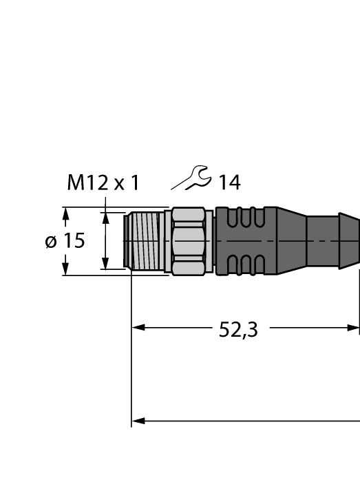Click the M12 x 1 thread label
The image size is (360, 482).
click(103, 183)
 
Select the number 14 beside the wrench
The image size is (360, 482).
click(229, 183)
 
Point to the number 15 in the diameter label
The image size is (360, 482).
click(74, 241)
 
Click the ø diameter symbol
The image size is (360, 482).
click(51, 242)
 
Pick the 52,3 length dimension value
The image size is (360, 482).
click(238, 330)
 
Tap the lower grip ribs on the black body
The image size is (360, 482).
click(245, 264)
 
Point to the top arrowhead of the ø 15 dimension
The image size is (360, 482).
click(65, 215)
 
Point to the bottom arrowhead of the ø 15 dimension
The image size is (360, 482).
click(65, 268)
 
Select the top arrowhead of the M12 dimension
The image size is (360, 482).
click(105, 218)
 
